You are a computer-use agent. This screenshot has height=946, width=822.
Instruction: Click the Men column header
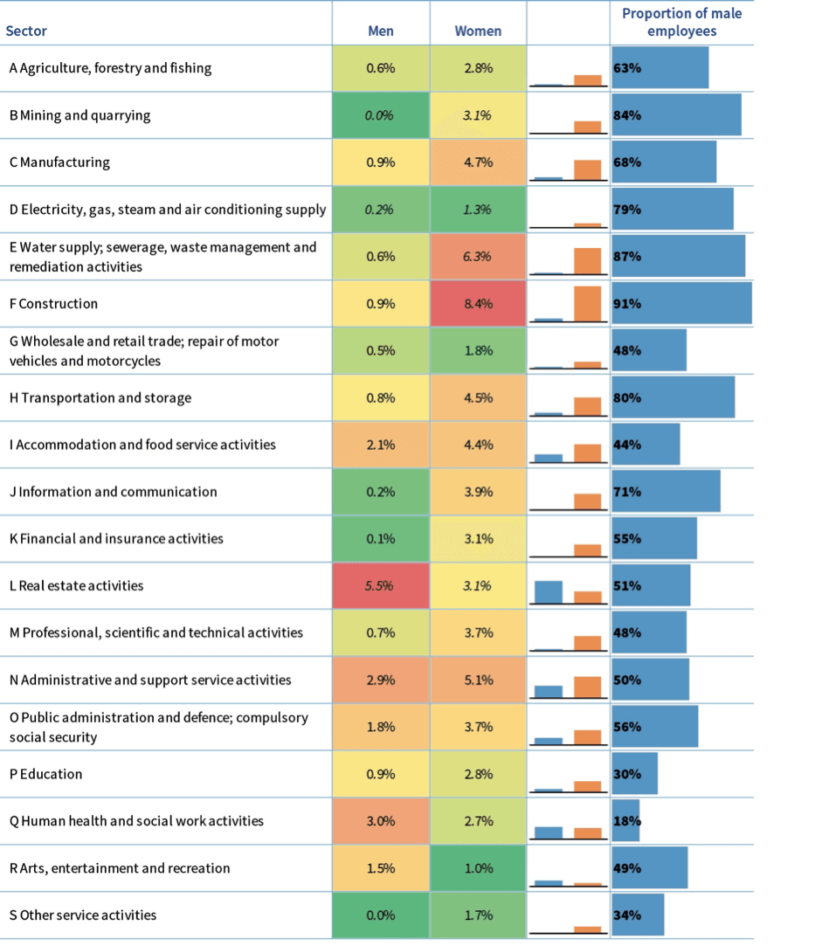[381, 31]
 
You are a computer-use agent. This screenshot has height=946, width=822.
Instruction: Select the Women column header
[478, 31]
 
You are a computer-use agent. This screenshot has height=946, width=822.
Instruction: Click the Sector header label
[26, 31]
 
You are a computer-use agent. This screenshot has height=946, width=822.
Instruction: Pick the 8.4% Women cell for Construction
[478, 304]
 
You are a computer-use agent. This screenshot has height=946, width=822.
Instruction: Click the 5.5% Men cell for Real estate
[381, 586]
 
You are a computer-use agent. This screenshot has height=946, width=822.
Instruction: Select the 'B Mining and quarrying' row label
[79, 115]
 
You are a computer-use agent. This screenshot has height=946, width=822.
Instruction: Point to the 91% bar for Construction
[681, 304]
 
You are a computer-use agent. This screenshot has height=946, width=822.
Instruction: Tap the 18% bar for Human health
[625, 821]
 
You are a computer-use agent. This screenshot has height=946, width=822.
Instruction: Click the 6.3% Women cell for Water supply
[478, 257]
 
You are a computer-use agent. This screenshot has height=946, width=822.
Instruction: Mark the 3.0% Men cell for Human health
[381, 821]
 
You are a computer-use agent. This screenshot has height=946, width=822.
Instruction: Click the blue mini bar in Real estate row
[548, 592]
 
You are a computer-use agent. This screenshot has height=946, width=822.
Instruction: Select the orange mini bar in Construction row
[588, 303]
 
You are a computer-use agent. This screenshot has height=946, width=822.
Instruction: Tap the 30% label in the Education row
[627, 774]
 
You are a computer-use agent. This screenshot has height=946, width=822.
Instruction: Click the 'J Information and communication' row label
[113, 492]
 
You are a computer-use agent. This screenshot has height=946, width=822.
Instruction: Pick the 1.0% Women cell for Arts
[478, 868]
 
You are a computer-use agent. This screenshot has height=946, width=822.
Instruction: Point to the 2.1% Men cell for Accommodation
[381, 445]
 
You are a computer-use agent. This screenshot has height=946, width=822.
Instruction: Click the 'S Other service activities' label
[83, 915]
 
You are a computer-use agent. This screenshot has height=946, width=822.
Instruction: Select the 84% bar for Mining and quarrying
[677, 115]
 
